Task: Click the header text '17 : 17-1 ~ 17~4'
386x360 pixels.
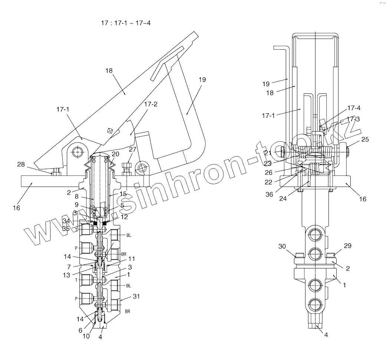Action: tap(125, 23)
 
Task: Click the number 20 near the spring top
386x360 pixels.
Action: tap(115, 154)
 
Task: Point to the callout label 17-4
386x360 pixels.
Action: tap(353, 108)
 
